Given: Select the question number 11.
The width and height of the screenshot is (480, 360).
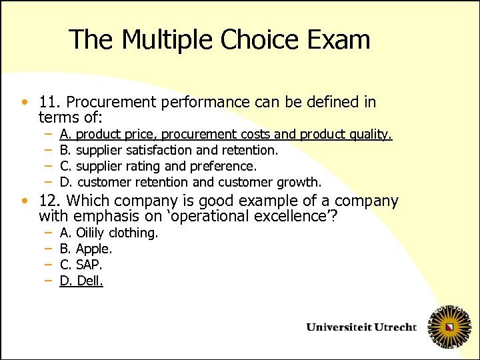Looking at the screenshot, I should tap(50, 102).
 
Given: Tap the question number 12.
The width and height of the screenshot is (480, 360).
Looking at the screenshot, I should tap(50, 201).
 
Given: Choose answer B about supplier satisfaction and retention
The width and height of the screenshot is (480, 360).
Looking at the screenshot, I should tap(169, 150).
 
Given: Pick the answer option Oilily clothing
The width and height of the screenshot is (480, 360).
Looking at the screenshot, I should tap(117, 233).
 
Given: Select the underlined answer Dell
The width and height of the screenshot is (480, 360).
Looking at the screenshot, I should tap(90, 281).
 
